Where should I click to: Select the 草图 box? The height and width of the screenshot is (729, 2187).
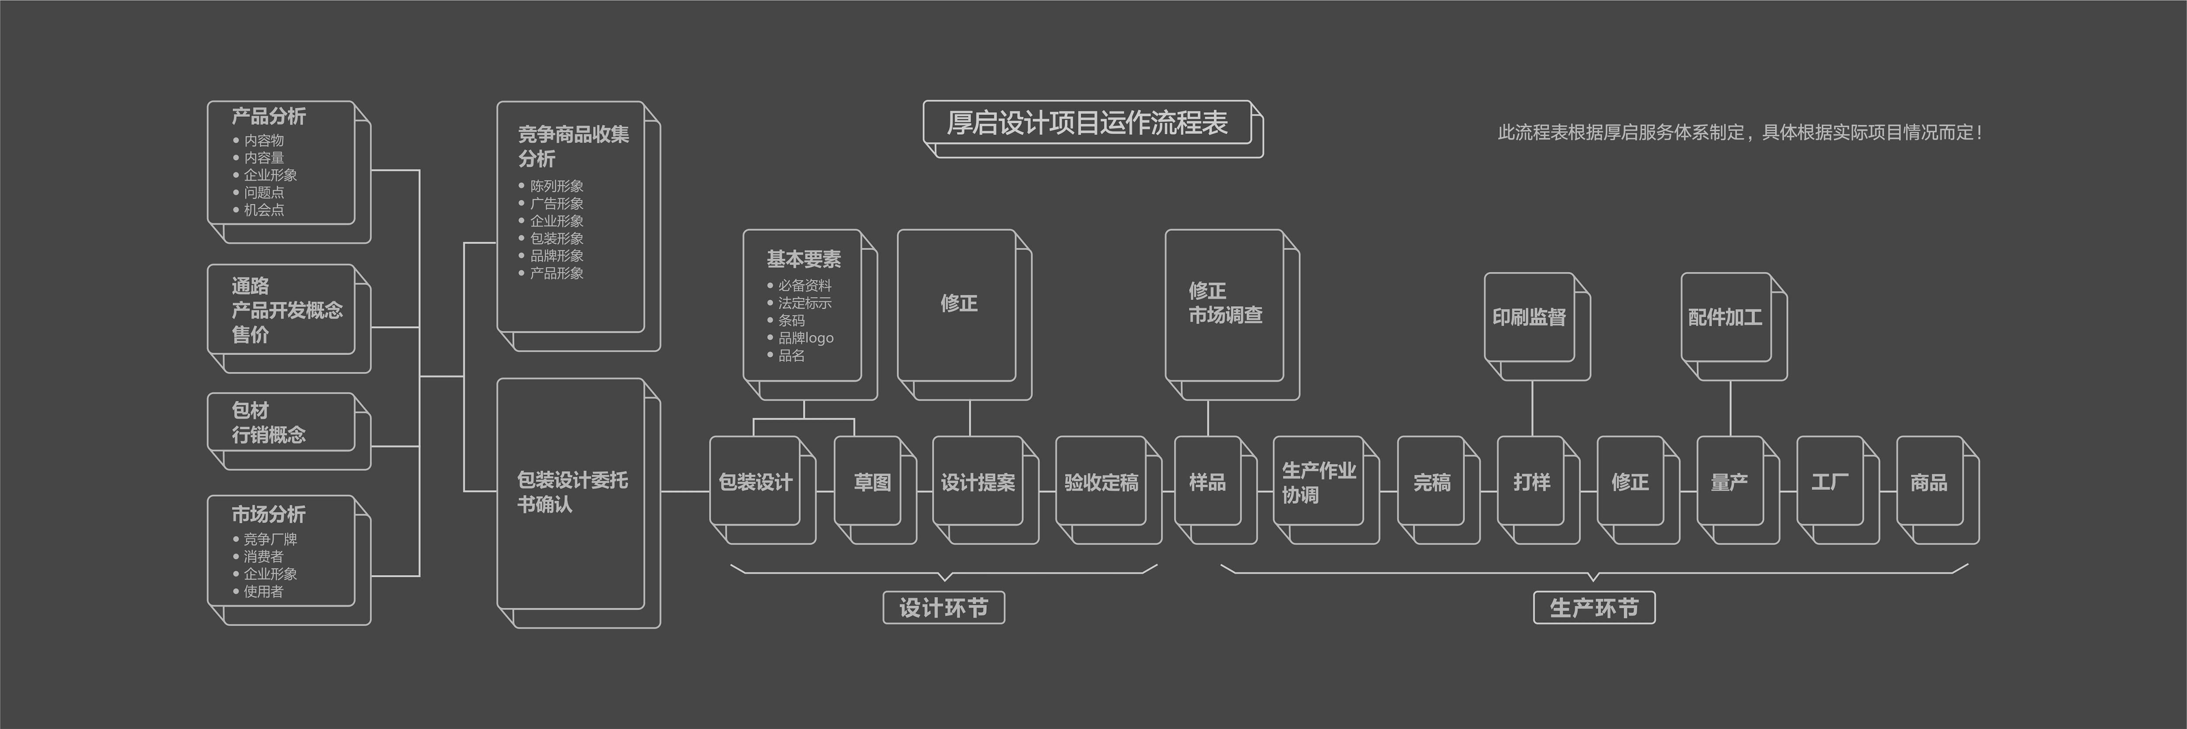click(x=872, y=482)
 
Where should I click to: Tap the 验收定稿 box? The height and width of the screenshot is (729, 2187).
click(x=1101, y=482)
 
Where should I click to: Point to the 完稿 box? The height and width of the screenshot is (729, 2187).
click(x=1432, y=482)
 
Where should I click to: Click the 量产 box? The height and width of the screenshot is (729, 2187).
click(x=1729, y=482)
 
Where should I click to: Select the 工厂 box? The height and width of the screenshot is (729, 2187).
click(x=1830, y=482)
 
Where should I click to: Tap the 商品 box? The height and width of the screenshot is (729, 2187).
click(x=1929, y=482)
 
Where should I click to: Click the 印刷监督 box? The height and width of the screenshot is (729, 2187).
click(x=1529, y=317)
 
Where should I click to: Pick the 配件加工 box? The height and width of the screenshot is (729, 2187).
click(x=1725, y=317)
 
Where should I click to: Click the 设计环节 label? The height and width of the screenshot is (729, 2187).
click(x=943, y=607)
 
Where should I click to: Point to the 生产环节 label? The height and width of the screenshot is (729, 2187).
click(x=1593, y=607)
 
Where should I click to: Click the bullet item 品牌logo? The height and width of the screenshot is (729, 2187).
click(x=806, y=338)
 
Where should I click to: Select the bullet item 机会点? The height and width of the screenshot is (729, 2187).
click(x=264, y=209)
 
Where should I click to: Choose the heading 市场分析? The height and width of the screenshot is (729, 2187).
click(x=268, y=514)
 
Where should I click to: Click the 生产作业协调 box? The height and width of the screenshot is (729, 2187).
click(x=1318, y=482)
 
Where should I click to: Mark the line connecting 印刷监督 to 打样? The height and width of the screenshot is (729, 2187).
click(x=1532, y=409)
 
